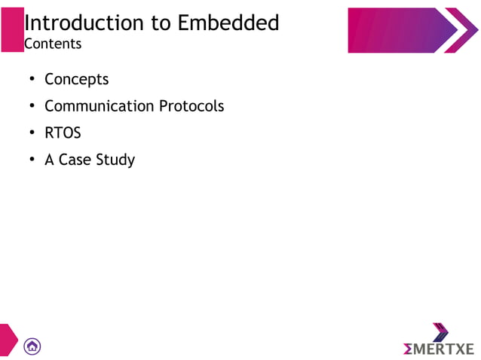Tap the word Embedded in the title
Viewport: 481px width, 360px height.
point(228,23)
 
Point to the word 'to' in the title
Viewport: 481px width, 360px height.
point(161,23)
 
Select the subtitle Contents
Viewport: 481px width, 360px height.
point(53,44)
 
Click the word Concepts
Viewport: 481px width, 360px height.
point(76,79)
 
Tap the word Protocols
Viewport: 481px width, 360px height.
point(191,106)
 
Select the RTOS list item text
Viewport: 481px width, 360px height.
point(63,133)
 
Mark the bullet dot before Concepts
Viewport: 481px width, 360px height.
point(32,80)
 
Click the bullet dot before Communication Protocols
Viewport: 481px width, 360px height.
point(32,107)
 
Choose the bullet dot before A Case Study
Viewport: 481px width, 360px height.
point(32,160)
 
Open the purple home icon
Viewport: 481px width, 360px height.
point(32,346)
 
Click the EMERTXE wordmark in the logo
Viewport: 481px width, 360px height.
point(439,349)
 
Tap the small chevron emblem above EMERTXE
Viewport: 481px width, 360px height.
point(440,331)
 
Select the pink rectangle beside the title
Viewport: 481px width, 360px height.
point(11,30)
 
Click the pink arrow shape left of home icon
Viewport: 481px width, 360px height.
point(8,340)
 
